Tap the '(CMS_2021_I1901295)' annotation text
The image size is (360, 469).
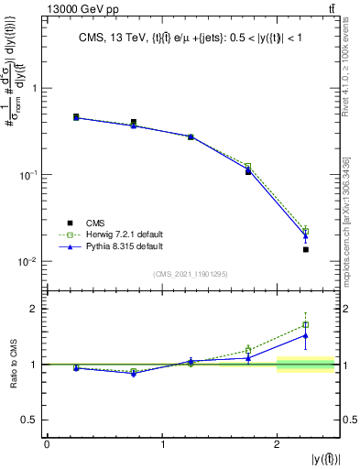coord(191,274)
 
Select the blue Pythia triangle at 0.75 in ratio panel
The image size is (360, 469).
coord(134,373)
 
